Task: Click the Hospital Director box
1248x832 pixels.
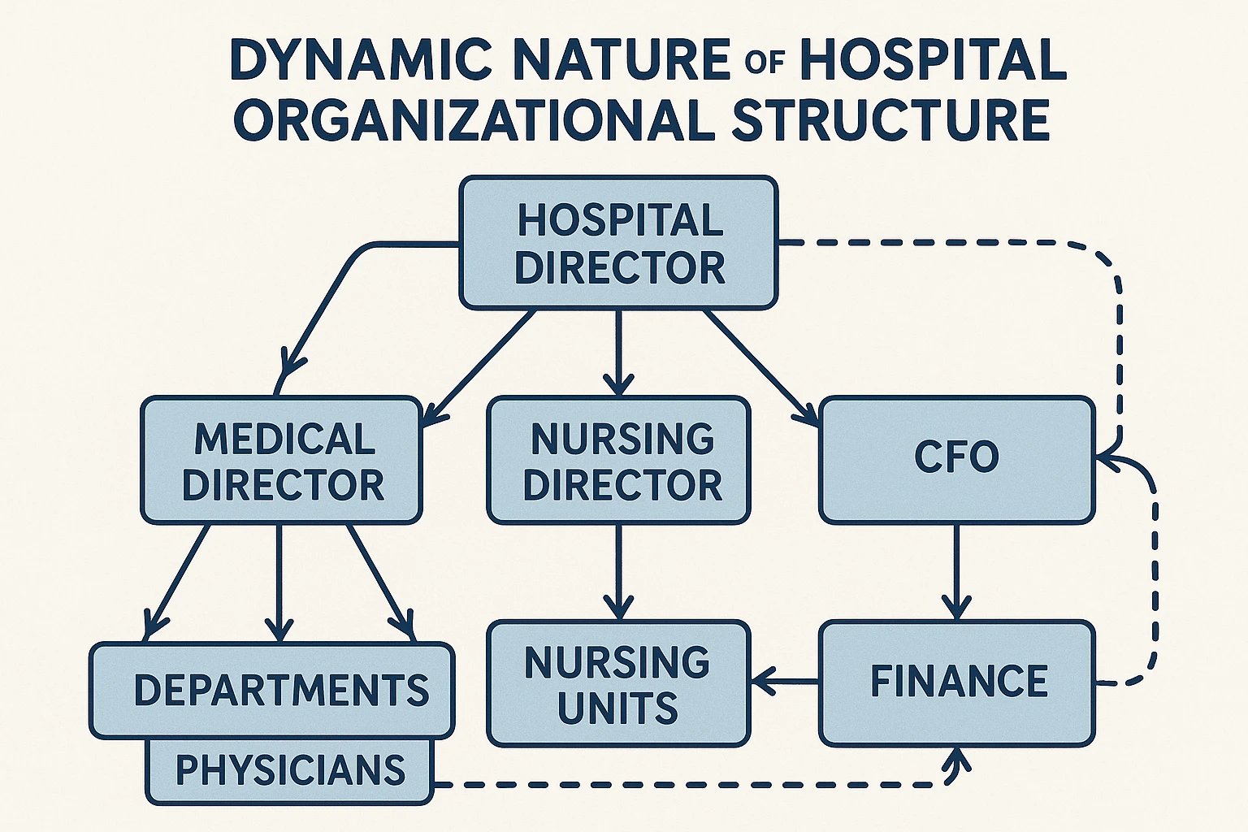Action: tap(618, 243)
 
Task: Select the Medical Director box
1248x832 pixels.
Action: tap(282, 460)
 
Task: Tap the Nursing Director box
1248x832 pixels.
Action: tap(618, 460)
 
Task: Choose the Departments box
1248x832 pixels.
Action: tap(272, 690)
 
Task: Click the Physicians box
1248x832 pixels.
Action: tap(289, 770)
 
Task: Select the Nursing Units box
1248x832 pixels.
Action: tap(618, 684)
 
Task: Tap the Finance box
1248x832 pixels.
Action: tap(956, 682)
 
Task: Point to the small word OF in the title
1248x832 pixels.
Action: tap(763, 63)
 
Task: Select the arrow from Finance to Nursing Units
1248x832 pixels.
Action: tap(785, 681)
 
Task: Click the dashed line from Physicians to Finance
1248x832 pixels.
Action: tap(691, 785)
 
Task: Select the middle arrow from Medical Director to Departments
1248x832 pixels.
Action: tap(279, 581)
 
